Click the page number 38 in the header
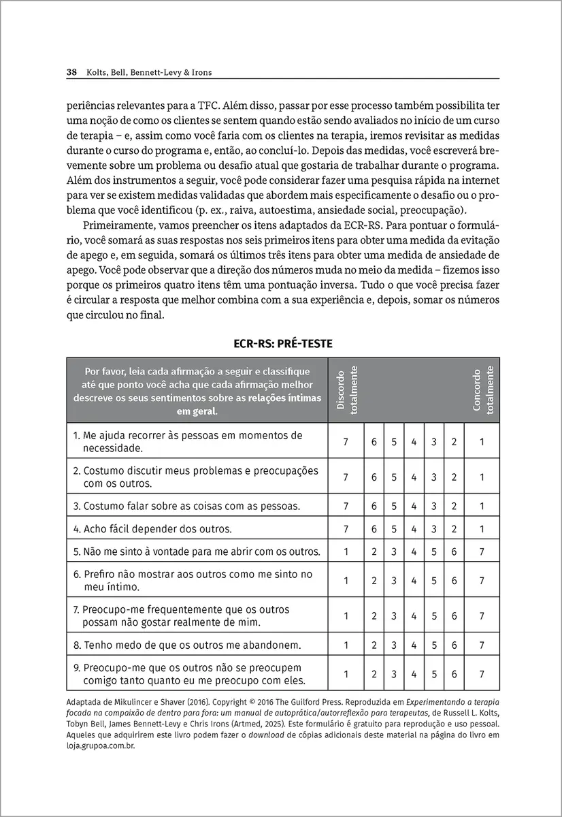coord(71,71)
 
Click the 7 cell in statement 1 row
coord(346,441)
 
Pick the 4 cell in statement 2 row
coord(414,477)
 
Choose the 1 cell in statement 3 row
coord(482,506)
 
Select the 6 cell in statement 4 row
coord(374,528)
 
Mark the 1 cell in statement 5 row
coord(346,551)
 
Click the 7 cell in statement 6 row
coord(482,580)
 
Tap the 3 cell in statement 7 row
coord(394,615)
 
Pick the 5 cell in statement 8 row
coord(434,644)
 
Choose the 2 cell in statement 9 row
coord(374,674)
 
